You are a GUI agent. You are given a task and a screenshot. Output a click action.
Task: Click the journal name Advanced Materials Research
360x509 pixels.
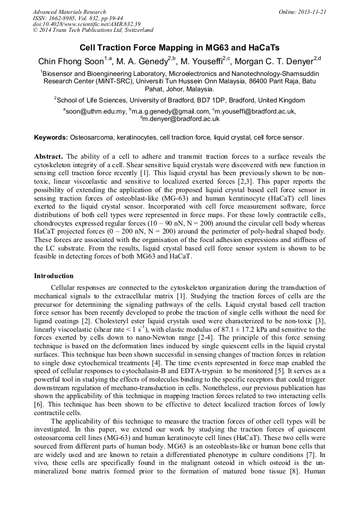tap(69, 12)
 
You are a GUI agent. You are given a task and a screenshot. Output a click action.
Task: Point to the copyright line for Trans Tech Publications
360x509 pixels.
tap(93, 31)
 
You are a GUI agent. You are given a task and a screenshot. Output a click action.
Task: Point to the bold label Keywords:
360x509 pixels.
tap(51, 137)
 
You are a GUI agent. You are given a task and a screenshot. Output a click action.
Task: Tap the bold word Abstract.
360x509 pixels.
tap(48, 157)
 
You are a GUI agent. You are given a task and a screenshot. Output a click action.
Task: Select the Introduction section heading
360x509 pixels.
tap(54, 276)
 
